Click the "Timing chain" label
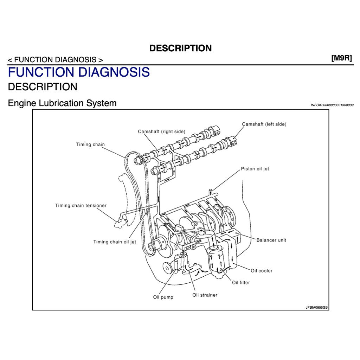click(90, 144)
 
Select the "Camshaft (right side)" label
click(161, 131)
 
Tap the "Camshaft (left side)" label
click(264, 124)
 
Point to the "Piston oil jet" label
click(255, 169)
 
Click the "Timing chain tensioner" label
click(81, 205)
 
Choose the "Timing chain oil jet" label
click(115, 242)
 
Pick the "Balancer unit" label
click(271, 240)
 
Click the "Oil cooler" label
click(262, 271)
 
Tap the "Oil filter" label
click(241, 282)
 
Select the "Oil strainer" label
click(205, 295)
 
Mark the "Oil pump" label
click(163, 297)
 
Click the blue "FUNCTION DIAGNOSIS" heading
click(79, 72)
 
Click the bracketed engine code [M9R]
click(341, 58)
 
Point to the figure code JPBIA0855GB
click(316, 307)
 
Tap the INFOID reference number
click(332, 105)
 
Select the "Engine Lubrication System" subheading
click(62, 103)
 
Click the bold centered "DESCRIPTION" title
click(180, 48)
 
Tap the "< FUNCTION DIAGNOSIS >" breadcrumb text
click(56, 60)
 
